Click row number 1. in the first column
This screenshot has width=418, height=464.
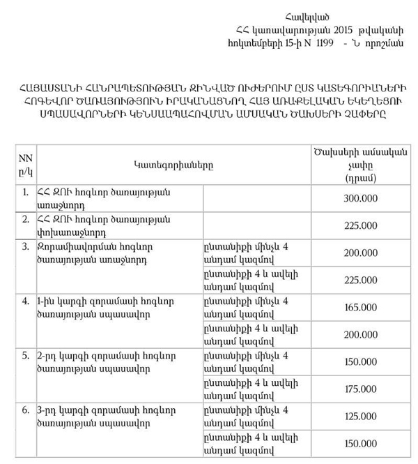pyautogui.click(x=25, y=192)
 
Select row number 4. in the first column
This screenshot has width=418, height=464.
pyautogui.click(x=25, y=301)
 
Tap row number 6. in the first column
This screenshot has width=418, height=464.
pyautogui.click(x=25, y=410)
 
